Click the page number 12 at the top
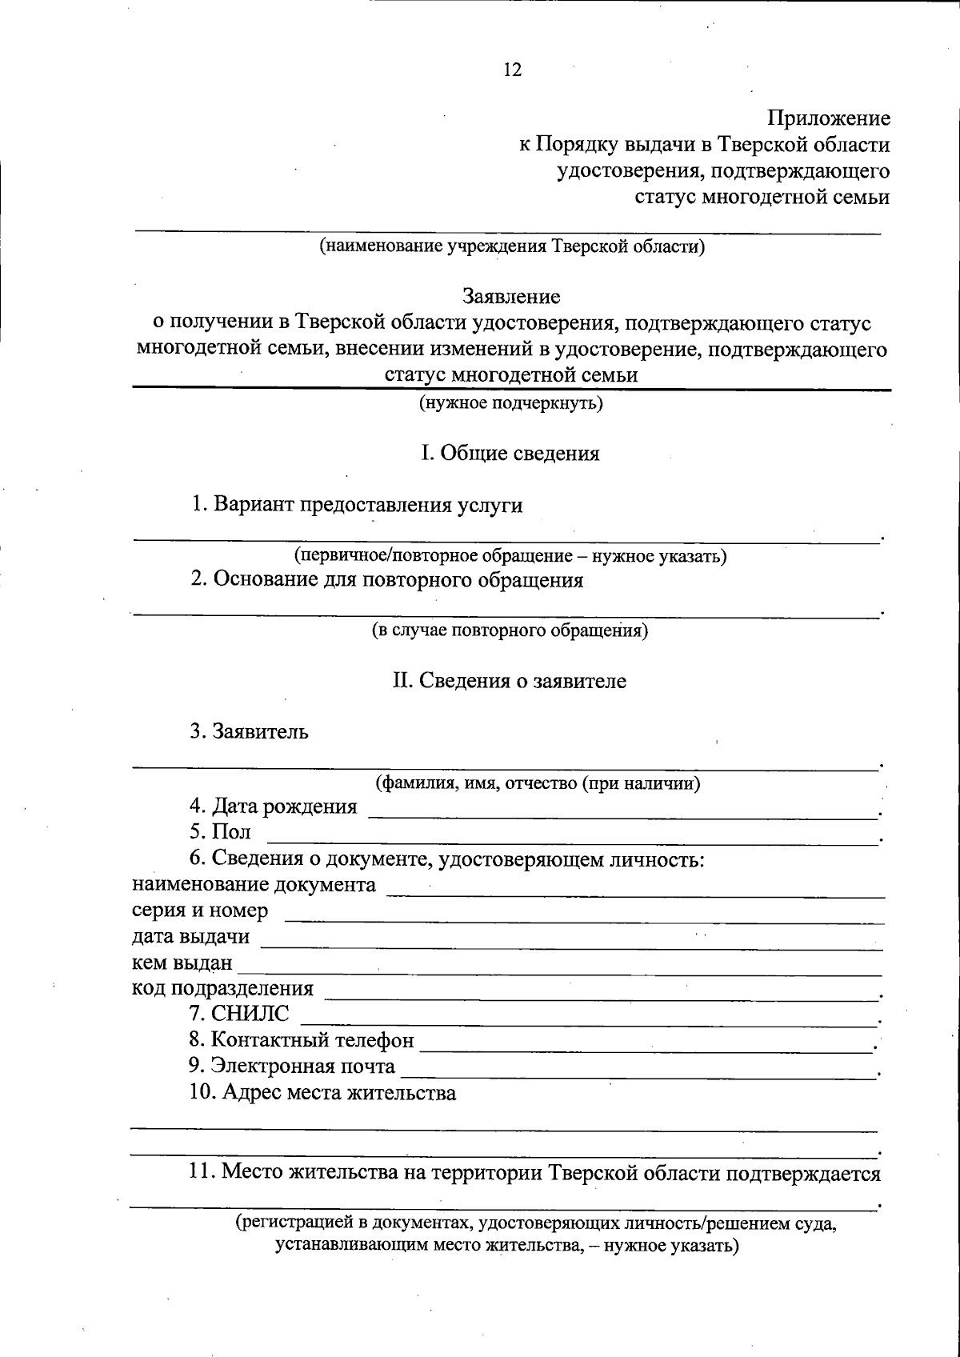click(512, 70)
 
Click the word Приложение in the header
click(829, 119)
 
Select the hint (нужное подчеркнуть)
click(512, 403)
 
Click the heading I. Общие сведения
click(510, 454)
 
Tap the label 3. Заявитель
click(249, 731)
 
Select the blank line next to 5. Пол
click(571, 840)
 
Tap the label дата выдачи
click(190, 936)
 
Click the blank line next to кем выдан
click(560, 972)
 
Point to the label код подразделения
click(222, 989)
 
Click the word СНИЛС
click(250, 1014)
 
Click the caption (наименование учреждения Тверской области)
click(512, 246)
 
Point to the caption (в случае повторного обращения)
click(510, 630)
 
